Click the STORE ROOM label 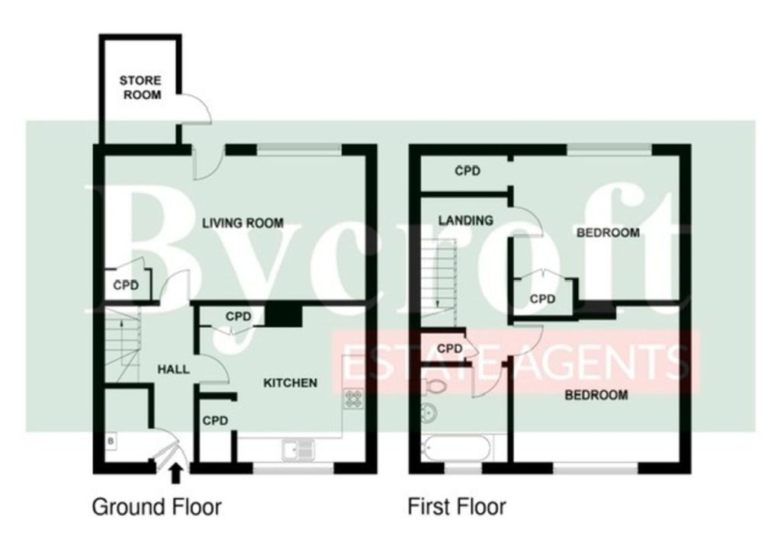(141, 88)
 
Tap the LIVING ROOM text (243, 223)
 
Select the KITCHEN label (290, 383)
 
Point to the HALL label (173, 369)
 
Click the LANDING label (466, 220)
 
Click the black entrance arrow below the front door (175, 473)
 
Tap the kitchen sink (298, 450)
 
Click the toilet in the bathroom (434, 386)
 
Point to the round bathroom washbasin (429, 413)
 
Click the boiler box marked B (111, 441)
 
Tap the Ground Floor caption (157, 507)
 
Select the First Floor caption (457, 507)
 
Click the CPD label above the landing (468, 172)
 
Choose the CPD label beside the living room (126, 285)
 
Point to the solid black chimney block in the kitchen (284, 316)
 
